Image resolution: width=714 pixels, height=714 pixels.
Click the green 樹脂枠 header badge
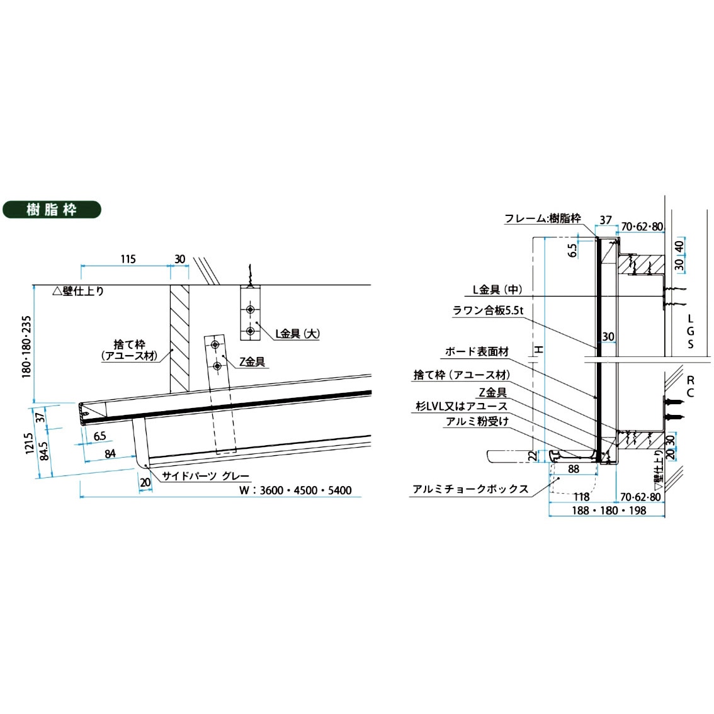[x=52, y=210]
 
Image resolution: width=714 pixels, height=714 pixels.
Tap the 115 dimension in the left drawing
[x=127, y=259]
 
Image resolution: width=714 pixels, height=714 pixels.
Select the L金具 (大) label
[x=297, y=334]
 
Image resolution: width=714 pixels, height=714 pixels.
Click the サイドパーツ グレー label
[x=206, y=476]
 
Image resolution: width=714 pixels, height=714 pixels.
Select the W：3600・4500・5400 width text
[x=295, y=490]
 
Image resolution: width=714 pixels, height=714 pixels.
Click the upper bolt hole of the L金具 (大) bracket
[x=251, y=310]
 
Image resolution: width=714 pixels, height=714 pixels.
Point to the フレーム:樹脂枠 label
[x=542, y=218]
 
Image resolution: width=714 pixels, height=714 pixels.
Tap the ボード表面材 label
[x=477, y=351]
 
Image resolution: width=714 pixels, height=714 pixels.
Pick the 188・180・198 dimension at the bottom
[x=608, y=510]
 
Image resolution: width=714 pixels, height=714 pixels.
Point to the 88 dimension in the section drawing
[x=573, y=468]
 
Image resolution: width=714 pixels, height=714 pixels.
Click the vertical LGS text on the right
[x=691, y=331]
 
